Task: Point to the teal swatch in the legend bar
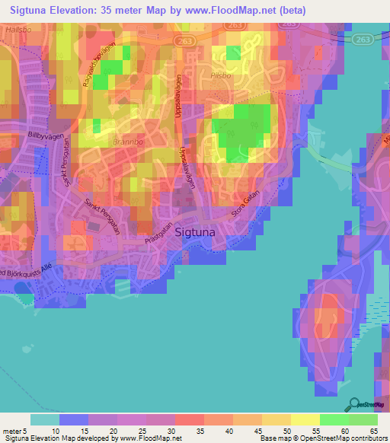pos(44,419)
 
